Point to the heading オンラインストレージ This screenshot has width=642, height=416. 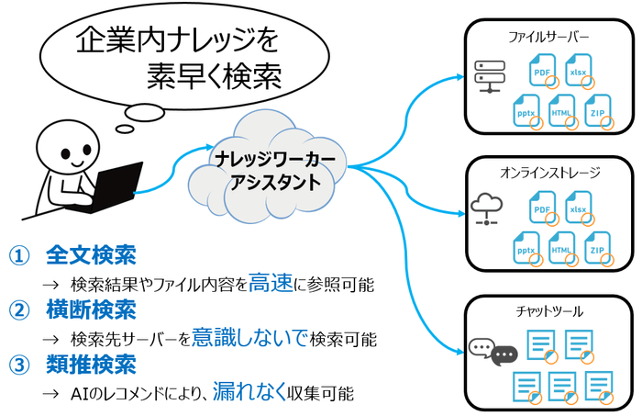[x=548, y=172]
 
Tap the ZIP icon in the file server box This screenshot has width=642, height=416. [x=600, y=111]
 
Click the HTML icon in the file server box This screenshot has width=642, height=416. [x=561, y=111]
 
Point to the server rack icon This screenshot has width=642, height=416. [x=488, y=76]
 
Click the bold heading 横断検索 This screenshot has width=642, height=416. [x=91, y=309]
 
